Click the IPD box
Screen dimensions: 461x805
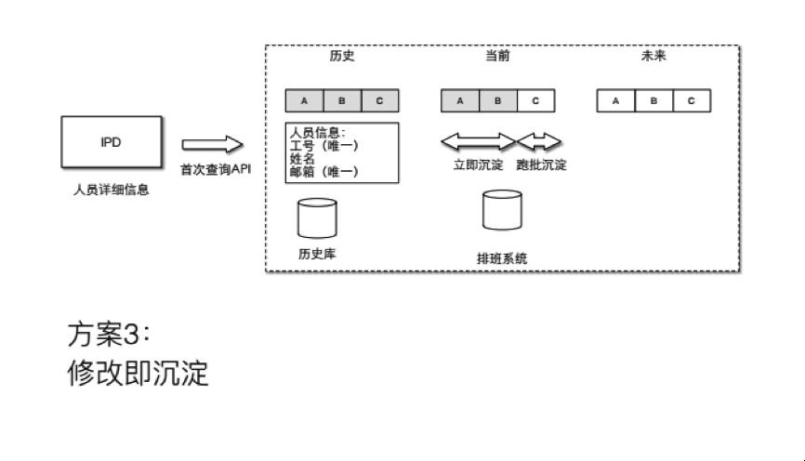(111, 144)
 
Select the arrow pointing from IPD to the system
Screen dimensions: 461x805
(212, 144)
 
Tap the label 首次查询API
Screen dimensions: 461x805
(216, 169)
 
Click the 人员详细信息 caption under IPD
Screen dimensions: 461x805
(111, 191)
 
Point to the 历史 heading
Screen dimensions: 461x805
(342, 56)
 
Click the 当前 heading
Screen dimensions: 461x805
(497, 56)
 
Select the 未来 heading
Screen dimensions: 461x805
(653, 56)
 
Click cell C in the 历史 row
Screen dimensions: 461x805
(379, 99)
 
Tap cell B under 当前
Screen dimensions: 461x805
(497, 99)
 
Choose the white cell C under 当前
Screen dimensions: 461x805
(535, 99)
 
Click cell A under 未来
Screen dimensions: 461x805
(614, 99)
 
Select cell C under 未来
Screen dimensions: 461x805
(691, 99)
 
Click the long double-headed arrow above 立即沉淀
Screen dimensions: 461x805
(478, 141)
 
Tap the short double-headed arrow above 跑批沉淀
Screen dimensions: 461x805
(540, 141)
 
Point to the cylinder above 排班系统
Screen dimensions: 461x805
(502, 209)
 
